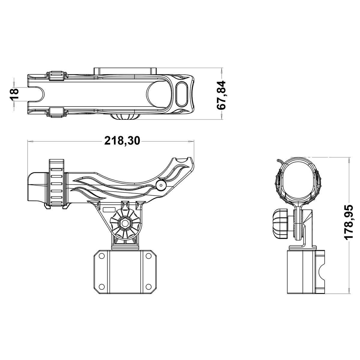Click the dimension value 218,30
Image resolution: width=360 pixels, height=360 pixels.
pyautogui.click(x=122, y=140)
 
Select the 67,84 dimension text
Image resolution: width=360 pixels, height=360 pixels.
pyautogui.click(x=223, y=94)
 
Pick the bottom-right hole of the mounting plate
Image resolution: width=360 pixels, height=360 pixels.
pyautogui.click(x=148, y=286)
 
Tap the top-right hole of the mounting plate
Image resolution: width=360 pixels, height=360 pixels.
pyautogui.click(x=148, y=256)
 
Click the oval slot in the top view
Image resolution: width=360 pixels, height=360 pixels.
pyautogui.click(x=182, y=94)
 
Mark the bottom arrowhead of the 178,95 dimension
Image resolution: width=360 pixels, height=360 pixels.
pyautogui.click(x=349, y=291)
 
